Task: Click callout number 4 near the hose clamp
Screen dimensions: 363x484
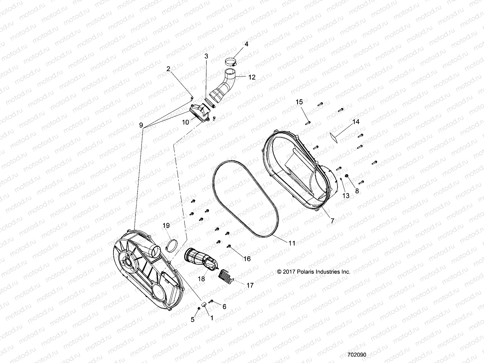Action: click(x=246, y=44)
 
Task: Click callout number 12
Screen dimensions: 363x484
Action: click(x=252, y=77)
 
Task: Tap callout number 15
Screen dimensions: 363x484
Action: click(x=299, y=102)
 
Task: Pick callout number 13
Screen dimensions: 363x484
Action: click(x=346, y=196)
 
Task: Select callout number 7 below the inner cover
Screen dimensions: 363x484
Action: click(x=332, y=221)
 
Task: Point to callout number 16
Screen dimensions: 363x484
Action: click(x=247, y=259)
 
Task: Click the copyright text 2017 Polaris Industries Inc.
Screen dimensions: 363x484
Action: click(x=314, y=272)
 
